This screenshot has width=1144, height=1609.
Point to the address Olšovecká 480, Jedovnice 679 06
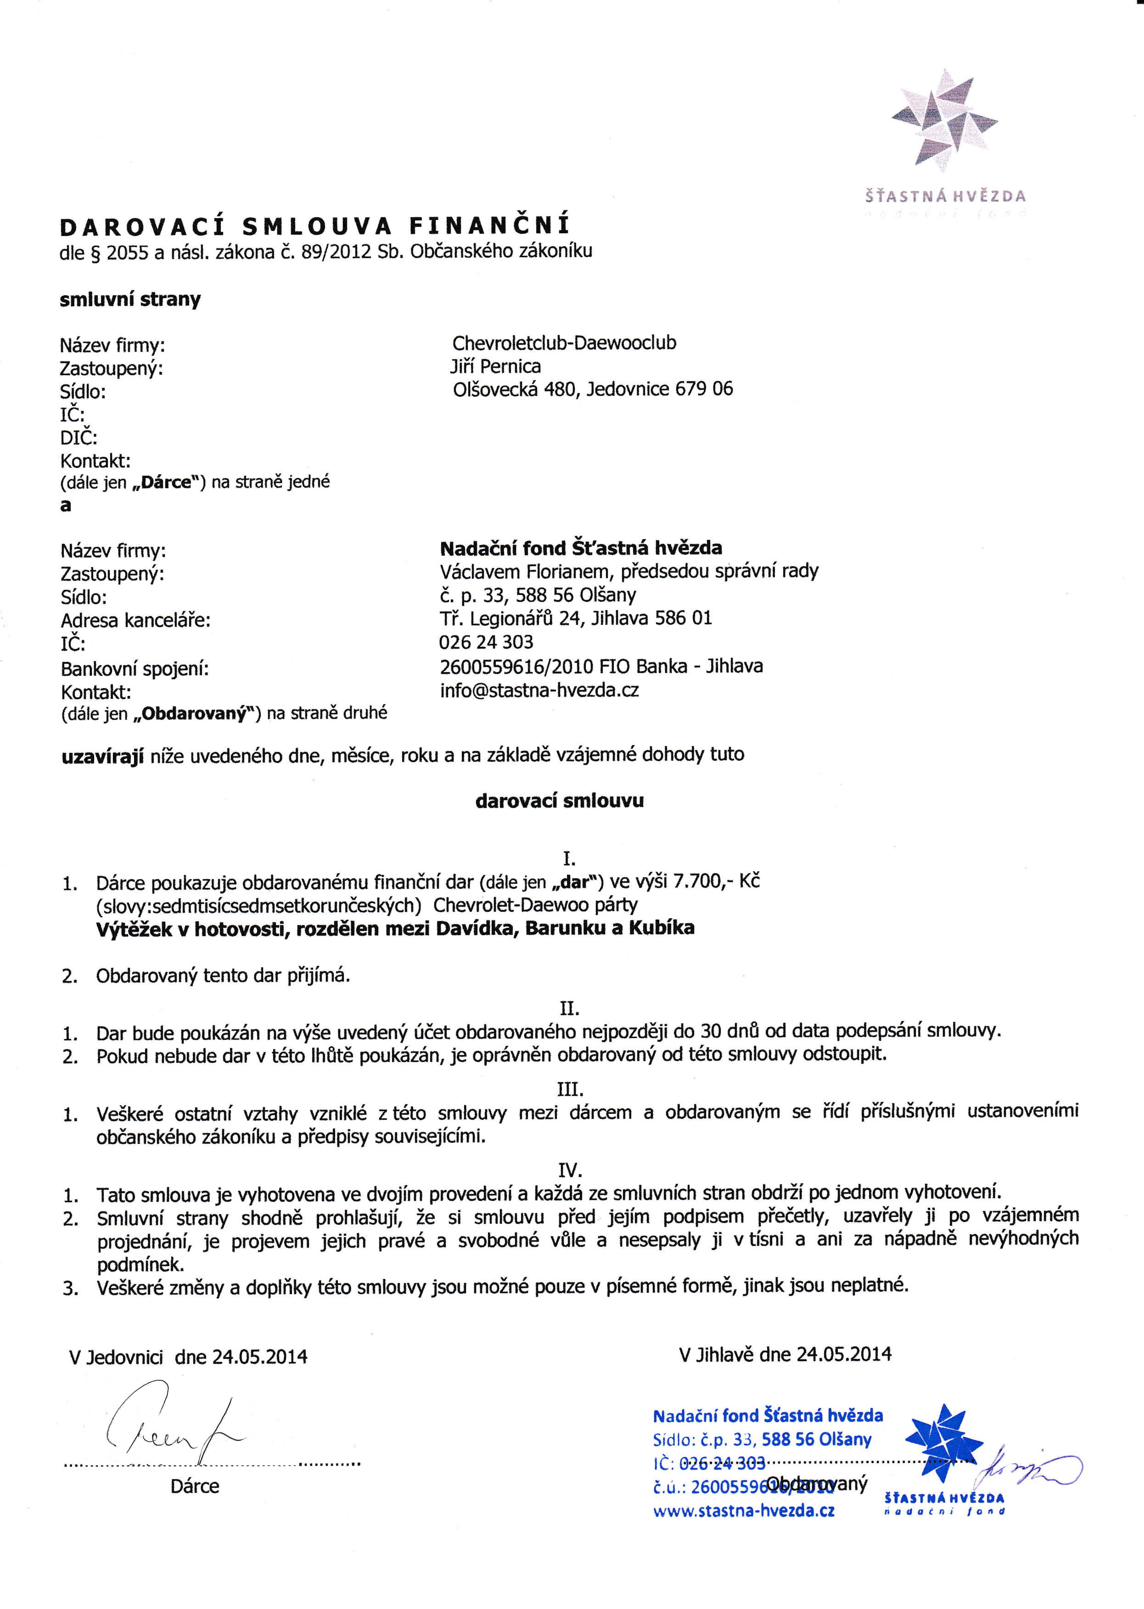point(593,389)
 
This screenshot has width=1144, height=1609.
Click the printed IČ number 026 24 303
point(486,642)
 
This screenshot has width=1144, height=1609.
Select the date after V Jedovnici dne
point(260,1357)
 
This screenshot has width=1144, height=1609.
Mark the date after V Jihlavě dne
point(844,1354)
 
